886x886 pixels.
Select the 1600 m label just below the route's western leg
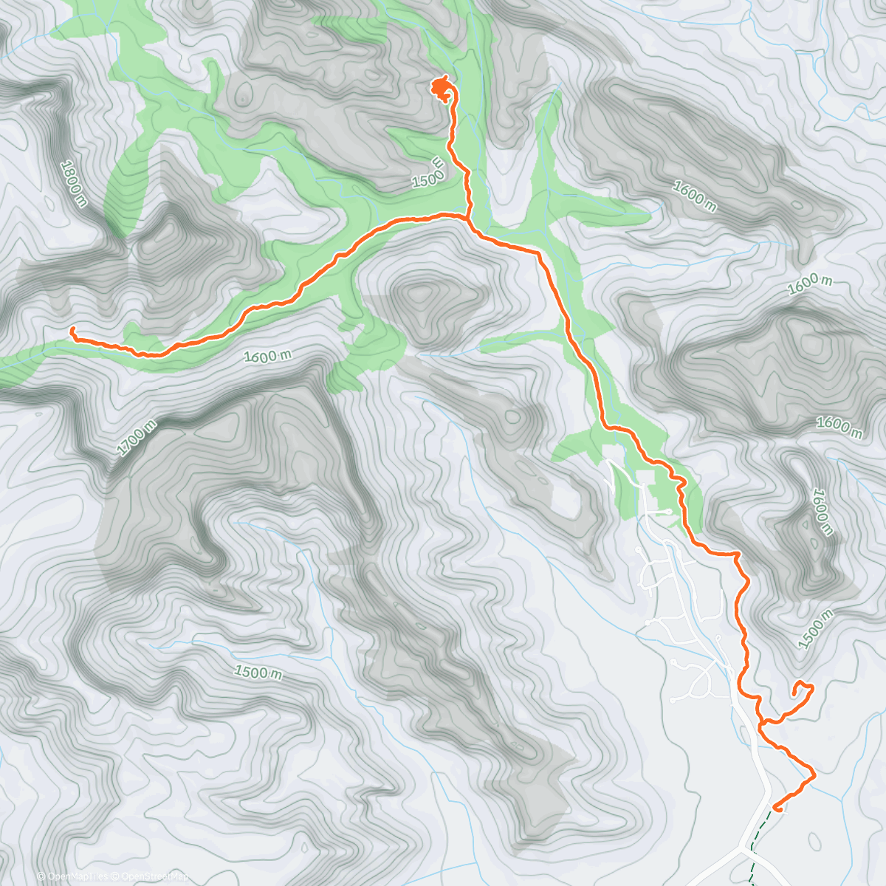268,356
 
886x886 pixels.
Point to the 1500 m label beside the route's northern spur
429,173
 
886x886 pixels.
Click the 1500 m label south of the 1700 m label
258,673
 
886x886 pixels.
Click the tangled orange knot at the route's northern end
442,90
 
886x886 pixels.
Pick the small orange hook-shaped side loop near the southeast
802,691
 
